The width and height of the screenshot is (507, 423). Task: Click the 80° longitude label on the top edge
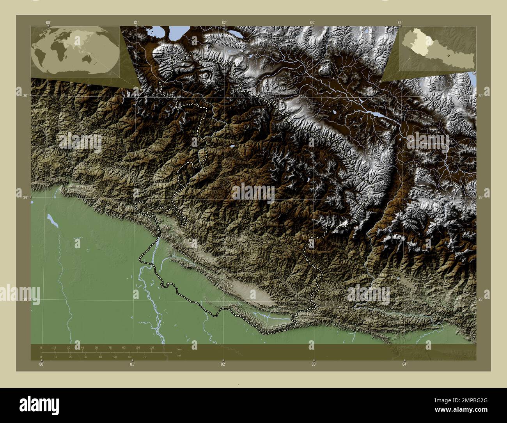[48, 23]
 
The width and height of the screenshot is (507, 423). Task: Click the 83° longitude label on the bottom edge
[314, 364]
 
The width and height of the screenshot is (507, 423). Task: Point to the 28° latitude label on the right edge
[481, 299]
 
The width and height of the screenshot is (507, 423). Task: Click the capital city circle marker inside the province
[191, 240]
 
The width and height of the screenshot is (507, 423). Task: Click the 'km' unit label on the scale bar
[179, 349]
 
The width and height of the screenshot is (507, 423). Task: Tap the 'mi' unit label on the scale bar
[179, 355]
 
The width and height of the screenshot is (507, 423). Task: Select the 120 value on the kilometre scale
[151, 347]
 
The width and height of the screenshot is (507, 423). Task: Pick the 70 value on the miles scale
[144, 357]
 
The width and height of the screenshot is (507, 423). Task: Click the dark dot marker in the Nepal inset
[448, 55]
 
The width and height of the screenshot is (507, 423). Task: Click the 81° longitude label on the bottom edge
[132, 364]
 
